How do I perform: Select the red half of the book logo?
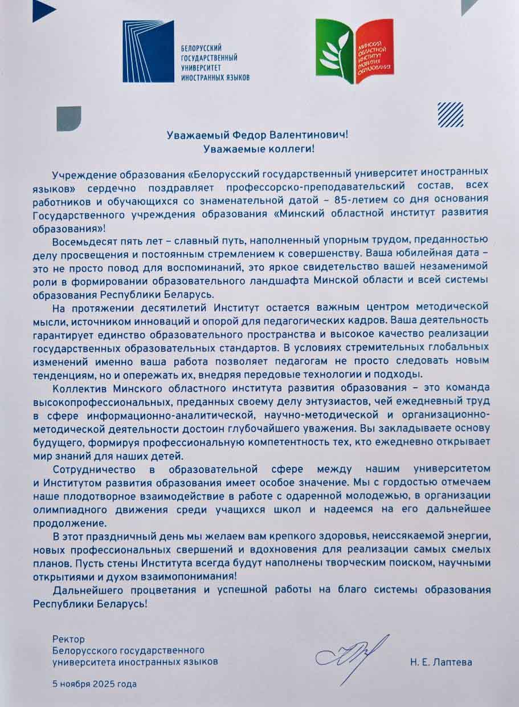[x=374, y=51]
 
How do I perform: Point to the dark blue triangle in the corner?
[x=43, y=10]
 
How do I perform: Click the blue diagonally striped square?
[x=450, y=114]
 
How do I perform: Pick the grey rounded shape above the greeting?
[x=68, y=118]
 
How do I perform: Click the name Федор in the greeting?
[x=251, y=135]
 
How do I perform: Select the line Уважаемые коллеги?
[x=259, y=149]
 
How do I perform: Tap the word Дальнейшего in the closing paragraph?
[x=80, y=591]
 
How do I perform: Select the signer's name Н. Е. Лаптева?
[x=440, y=663]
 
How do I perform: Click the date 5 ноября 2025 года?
[x=95, y=684]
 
